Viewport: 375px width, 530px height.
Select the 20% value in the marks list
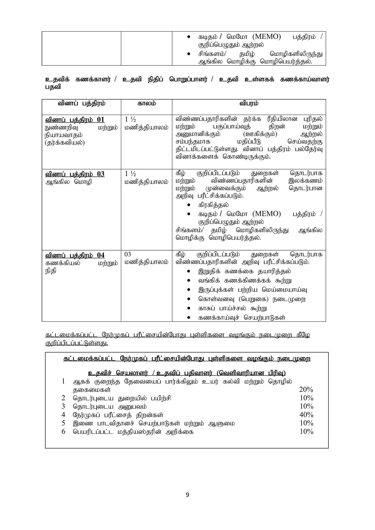coord(306,389)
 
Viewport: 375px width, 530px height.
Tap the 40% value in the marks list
coord(306,415)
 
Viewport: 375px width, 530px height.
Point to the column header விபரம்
coord(249,103)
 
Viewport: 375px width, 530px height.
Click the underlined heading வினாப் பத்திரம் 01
coord(75,120)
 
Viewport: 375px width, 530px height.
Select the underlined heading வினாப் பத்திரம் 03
coord(75,174)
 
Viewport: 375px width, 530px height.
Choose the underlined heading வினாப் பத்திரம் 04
coord(75,255)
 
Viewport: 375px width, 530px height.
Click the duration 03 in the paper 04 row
coord(128,254)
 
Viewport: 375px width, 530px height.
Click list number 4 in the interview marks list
coord(63,415)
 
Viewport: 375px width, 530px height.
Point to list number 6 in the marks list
coord(63,431)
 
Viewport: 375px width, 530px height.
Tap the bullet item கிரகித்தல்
coord(213,205)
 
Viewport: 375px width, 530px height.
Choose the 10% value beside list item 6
coord(306,431)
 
